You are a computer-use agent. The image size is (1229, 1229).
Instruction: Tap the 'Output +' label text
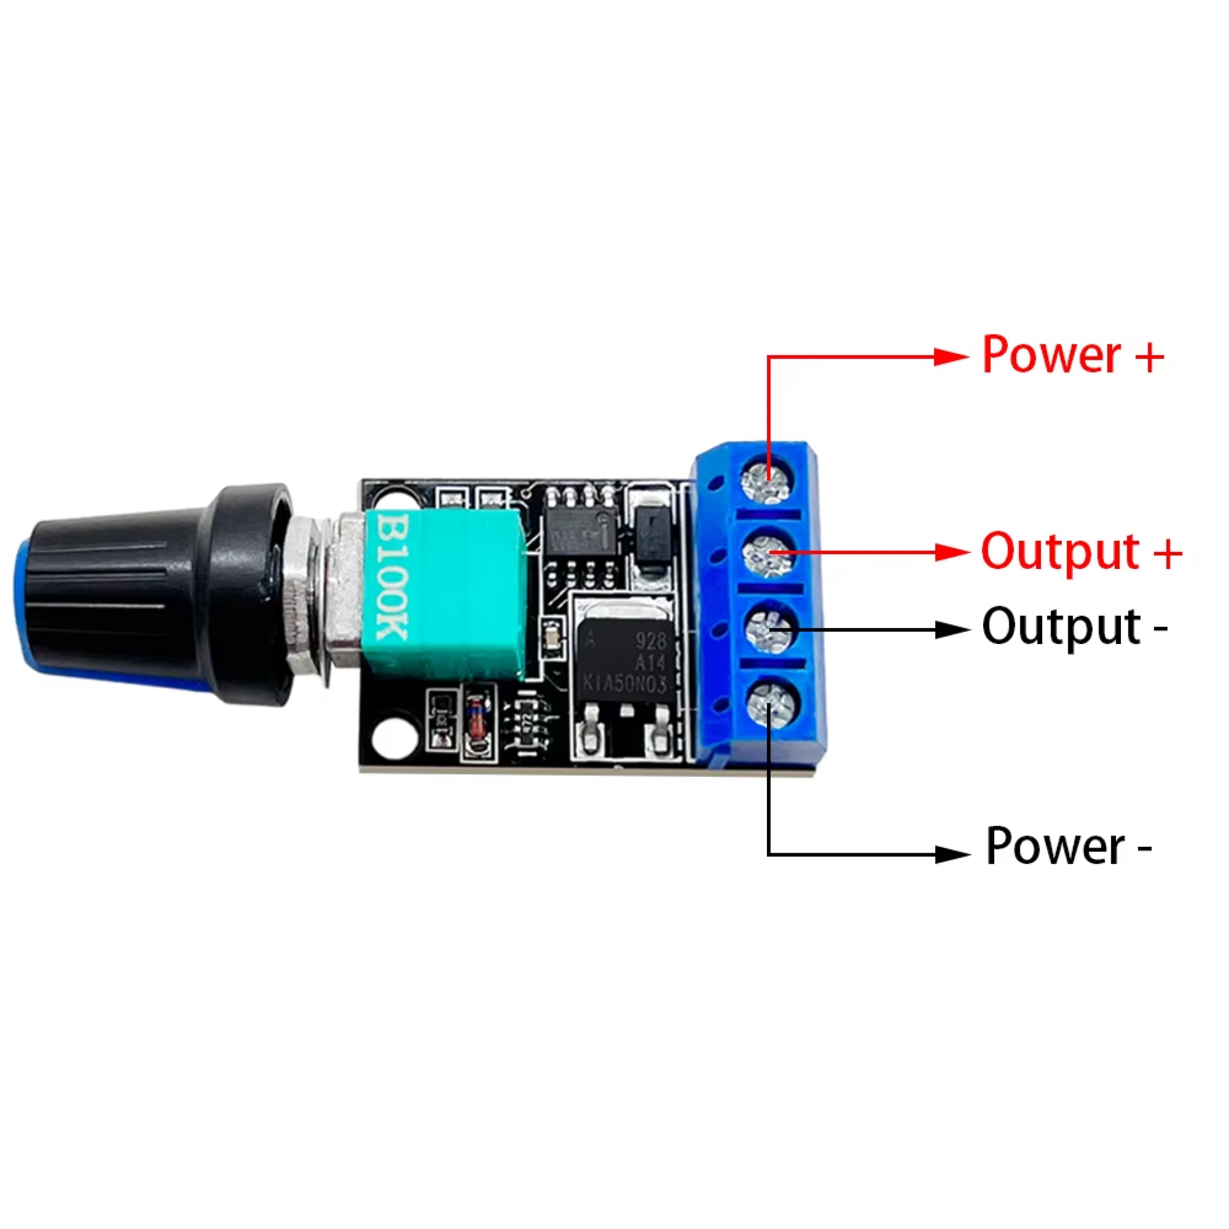(1080, 551)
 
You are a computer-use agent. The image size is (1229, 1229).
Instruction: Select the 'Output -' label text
(1074, 627)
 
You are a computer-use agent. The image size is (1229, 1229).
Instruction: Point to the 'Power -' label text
(1068, 846)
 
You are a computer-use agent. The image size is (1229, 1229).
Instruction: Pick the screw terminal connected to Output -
(771, 631)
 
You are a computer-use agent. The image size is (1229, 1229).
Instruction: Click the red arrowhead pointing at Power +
(951, 357)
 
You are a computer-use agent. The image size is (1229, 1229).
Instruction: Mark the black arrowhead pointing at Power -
(952, 854)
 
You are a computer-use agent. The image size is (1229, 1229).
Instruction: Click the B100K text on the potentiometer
(392, 576)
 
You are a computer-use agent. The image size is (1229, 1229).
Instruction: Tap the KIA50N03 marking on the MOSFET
(624, 684)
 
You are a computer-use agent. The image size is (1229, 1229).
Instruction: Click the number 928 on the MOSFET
(650, 640)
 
